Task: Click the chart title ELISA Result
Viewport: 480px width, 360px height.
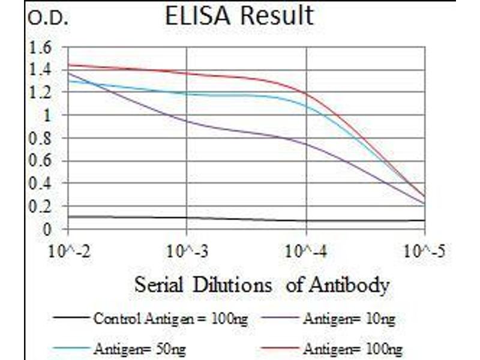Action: tap(239, 16)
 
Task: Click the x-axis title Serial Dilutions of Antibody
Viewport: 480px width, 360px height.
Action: tap(261, 284)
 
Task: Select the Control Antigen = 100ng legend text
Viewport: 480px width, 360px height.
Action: tap(170, 319)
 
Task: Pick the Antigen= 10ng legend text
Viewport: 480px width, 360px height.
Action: tap(349, 319)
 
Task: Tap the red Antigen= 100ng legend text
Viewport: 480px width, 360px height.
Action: tap(352, 348)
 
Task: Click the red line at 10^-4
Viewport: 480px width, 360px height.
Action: tap(307, 93)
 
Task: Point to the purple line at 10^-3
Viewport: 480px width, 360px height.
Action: tap(187, 121)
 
